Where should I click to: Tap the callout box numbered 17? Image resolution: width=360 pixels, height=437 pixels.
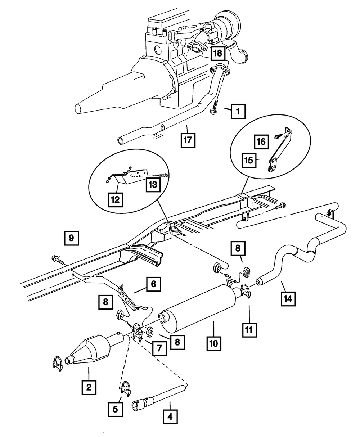pyautogui.click(x=188, y=140)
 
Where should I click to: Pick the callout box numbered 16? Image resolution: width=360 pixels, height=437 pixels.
pyautogui.click(x=262, y=142)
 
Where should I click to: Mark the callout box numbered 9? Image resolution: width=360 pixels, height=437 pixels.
pyautogui.click(x=72, y=238)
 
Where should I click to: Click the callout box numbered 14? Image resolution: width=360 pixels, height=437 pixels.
pyautogui.click(x=289, y=298)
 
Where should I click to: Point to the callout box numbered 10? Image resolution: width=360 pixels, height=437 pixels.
pyautogui.click(x=214, y=343)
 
